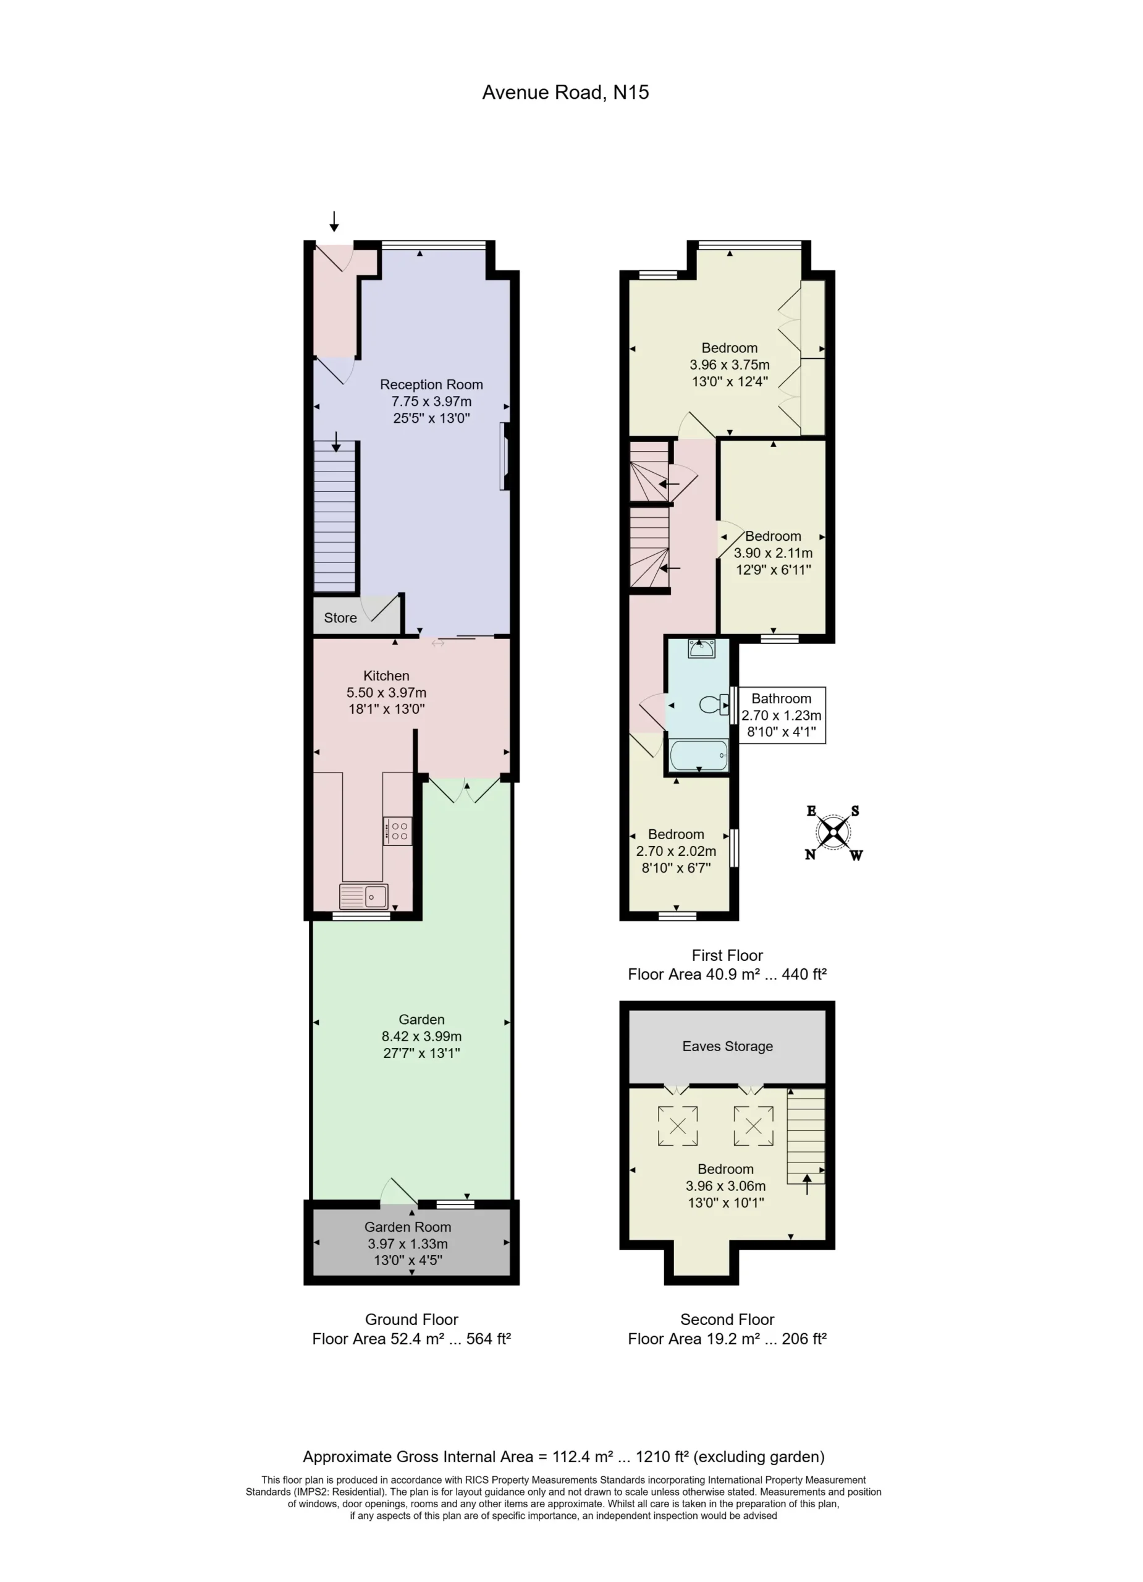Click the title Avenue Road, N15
tap(565, 92)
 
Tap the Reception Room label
tap(431, 384)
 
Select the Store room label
tap(340, 617)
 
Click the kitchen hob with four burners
tap(397, 831)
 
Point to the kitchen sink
tap(364, 896)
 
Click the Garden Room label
tap(408, 1227)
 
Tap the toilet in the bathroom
tap(714, 704)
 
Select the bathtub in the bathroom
tap(699, 755)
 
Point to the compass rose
tap(833, 832)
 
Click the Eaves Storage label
tap(727, 1046)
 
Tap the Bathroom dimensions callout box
tap(782, 715)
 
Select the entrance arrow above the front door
tap(334, 221)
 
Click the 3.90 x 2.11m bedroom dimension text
tap(773, 553)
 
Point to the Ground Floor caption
tap(411, 1320)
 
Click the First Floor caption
tap(727, 955)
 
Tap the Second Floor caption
tap(727, 1320)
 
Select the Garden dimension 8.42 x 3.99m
tap(421, 1036)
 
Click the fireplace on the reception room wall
tap(505, 456)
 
